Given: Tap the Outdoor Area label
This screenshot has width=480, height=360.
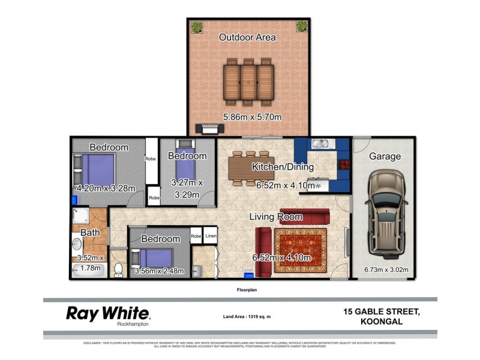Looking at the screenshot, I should [247, 37].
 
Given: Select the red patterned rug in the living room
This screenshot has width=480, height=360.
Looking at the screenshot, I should [301, 251].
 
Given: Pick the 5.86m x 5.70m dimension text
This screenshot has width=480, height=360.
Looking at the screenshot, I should [252, 117].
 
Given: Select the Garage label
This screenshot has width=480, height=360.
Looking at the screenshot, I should [385, 157].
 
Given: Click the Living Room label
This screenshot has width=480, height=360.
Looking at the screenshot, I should [276, 217].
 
